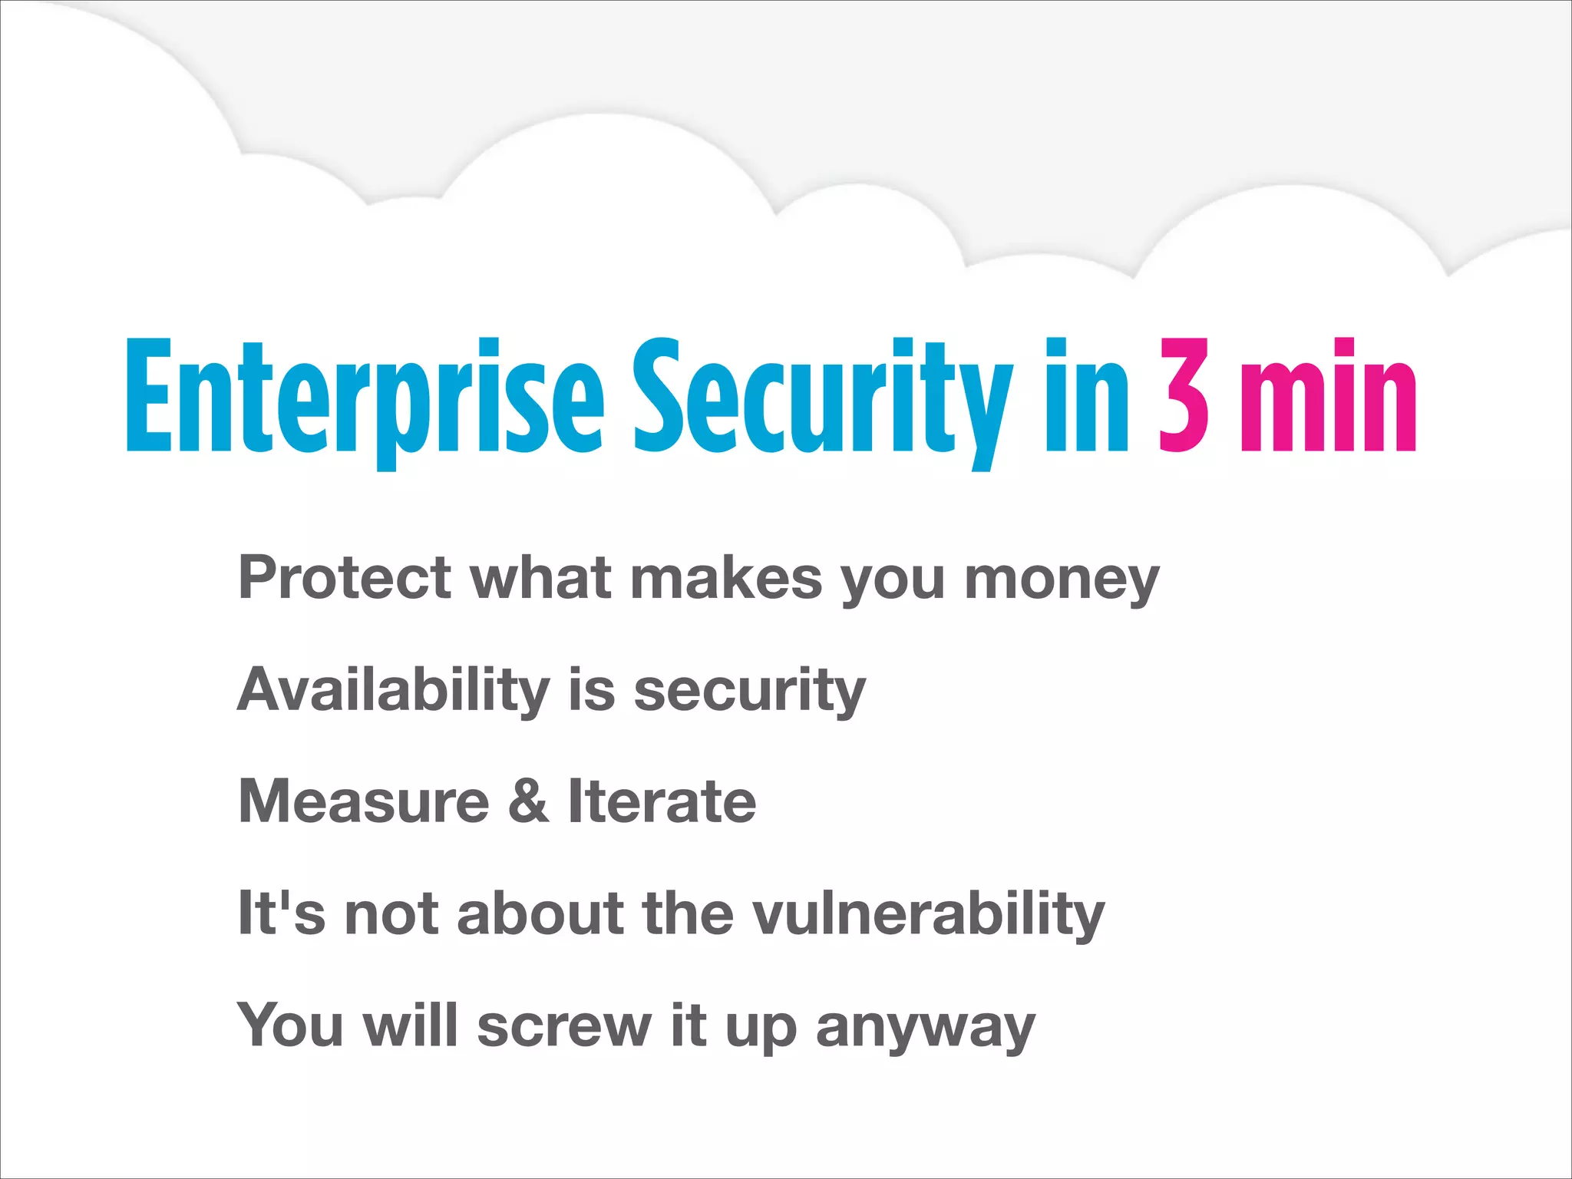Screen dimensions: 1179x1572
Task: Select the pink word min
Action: tap(1328, 395)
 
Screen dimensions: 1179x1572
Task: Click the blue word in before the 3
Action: tap(1086, 395)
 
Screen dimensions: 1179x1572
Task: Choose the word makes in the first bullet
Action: tap(726, 577)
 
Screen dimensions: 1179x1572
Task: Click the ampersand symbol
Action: tap(528, 801)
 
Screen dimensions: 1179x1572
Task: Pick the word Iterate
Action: tap(662, 801)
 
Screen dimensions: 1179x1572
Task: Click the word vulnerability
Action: tap(928, 913)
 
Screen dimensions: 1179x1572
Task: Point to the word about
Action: tap(540, 913)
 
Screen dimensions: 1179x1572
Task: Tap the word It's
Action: tap(281, 913)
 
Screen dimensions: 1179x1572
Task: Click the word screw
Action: tap(564, 1027)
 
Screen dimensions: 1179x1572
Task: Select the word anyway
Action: tap(925, 1029)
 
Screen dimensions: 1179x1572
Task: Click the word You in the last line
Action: tap(289, 1025)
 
